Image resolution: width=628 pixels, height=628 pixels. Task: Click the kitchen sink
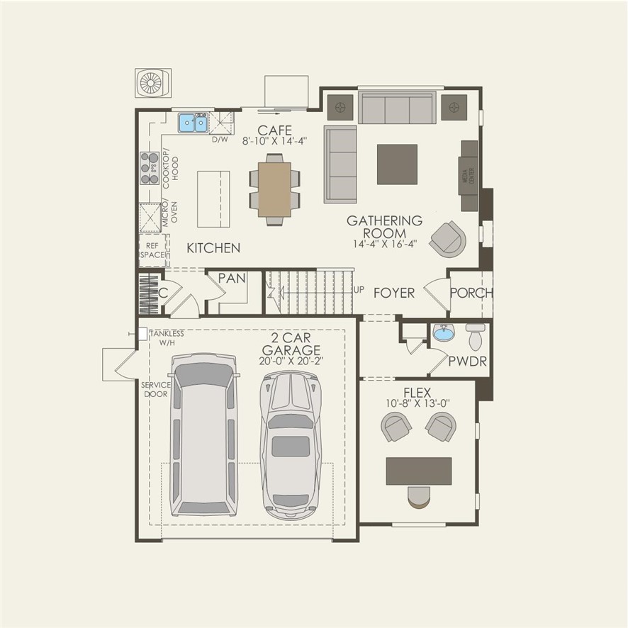coord(192,123)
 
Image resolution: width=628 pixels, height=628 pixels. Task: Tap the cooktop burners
coord(149,168)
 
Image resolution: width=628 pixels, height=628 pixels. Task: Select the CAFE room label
coord(274,130)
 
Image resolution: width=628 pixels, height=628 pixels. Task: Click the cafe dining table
coord(274,189)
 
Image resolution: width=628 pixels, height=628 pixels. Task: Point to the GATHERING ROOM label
coord(384,227)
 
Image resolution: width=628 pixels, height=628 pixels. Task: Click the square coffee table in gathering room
coord(397,164)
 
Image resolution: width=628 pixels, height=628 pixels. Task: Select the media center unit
coord(469,175)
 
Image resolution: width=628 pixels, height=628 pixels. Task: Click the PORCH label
coord(471,293)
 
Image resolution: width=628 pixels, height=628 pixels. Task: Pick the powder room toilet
coord(475,337)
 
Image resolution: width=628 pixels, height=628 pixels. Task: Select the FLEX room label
coord(417,392)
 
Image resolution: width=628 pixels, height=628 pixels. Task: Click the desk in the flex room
coord(419,471)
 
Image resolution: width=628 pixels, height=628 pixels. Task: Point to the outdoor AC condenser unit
coord(152,83)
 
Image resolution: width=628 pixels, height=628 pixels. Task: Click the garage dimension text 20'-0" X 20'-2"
coord(291,361)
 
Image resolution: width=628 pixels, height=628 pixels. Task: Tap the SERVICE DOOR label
coord(155,389)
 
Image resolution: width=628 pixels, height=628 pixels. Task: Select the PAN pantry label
coord(231,279)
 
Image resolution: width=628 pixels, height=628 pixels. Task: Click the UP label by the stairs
coord(359,291)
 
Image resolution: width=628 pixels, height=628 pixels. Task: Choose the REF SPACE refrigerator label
coord(151,250)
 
